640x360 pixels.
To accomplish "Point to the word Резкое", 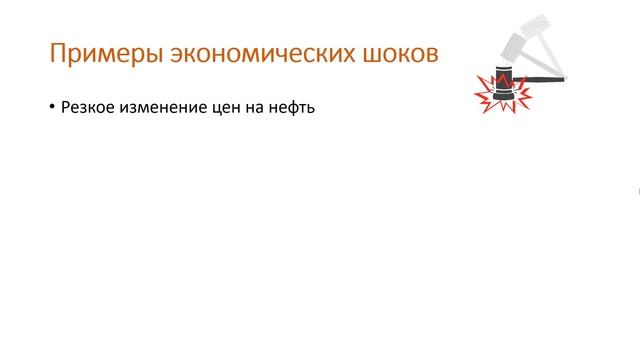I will [87, 108].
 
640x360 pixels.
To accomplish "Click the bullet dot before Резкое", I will [51, 108].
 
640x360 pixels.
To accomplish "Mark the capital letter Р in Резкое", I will [66, 108].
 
